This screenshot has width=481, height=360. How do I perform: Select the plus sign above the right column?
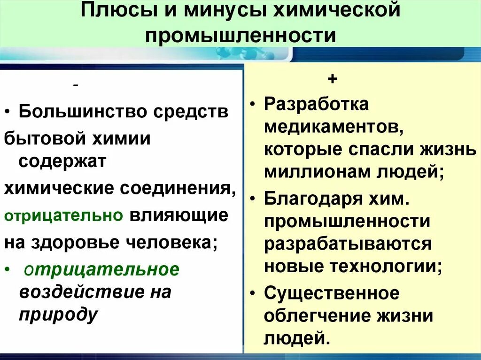tap(333, 79)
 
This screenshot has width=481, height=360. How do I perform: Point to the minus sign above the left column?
tap(76, 85)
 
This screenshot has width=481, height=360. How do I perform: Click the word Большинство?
tap(84, 112)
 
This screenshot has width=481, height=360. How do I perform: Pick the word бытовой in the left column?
tap(41, 138)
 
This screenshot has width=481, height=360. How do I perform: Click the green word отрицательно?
tap(63, 215)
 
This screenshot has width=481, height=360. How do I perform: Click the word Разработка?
tap(316, 104)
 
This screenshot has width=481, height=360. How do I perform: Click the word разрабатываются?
tap(348, 244)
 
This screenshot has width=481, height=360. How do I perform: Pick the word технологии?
tap(387, 266)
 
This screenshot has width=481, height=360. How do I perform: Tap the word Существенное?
tap(332, 293)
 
